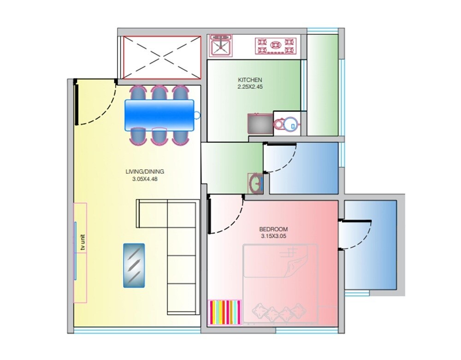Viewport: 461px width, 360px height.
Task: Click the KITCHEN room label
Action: pyautogui.click(x=249, y=80)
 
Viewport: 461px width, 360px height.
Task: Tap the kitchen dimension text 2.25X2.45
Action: pyautogui.click(x=249, y=86)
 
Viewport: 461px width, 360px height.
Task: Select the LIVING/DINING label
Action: pyautogui.click(x=145, y=171)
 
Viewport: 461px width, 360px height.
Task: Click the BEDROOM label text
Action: pyautogui.click(x=273, y=229)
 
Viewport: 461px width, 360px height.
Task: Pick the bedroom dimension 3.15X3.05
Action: pyautogui.click(x=273, y=236)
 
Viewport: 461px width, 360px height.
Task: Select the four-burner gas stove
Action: pyautogui.click(x=275, y=46)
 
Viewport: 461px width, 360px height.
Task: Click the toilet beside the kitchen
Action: pyautogui.click(x=286, y=124)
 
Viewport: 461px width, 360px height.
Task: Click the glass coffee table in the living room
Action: pyautogui.click(x=134, y=266)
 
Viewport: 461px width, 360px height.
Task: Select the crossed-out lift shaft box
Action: pyautogui.click(x=161, y=58)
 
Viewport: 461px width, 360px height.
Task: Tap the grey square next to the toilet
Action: pyautogui.click(x=259, y=124)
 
